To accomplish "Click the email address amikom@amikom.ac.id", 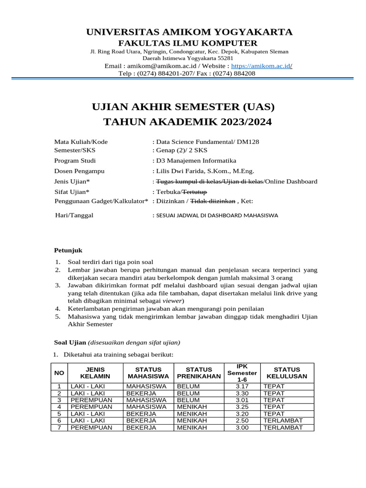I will [x=161, y=66].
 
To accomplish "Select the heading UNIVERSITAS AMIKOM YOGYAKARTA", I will [x=189, y=32].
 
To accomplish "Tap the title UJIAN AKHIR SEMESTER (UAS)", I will [x=183, y=106].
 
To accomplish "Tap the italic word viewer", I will [x=173, y=301].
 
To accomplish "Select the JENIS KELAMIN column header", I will [x=95, y=373].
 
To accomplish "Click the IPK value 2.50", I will [x=242, y=421].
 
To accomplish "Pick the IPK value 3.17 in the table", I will [x=242, y=386].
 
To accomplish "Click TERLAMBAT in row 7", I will [x=283, y=427].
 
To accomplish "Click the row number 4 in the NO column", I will [x=59, y=407].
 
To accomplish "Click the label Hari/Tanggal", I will [x=74, y=215].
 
